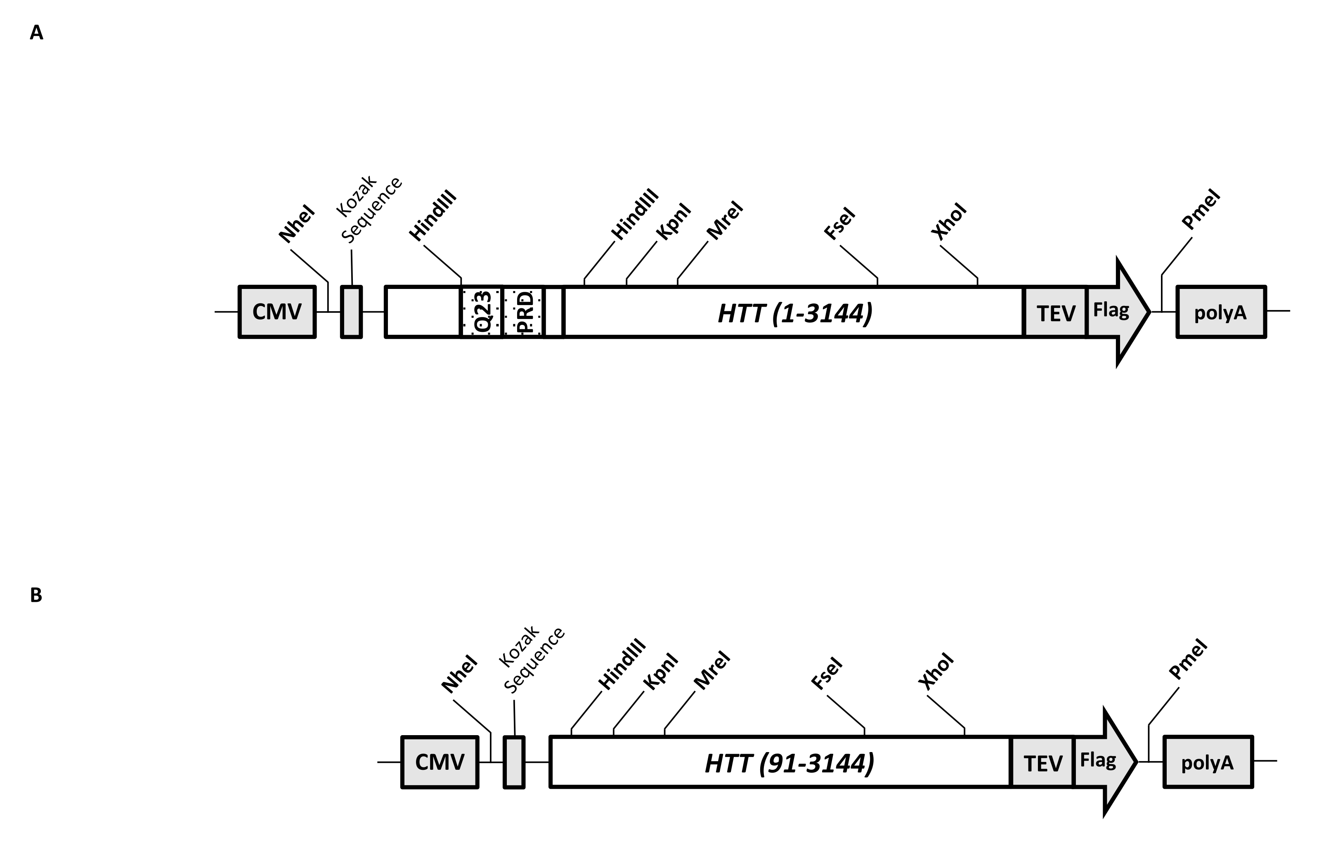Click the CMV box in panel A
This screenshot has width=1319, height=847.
pyautogui.click(x=277, y=312)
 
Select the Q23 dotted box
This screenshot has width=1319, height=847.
pyautogui.click(x=482, y=312)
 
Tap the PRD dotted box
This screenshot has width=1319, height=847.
pyautogui.click(x=523, y=312)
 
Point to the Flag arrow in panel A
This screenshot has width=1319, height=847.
pyautogui.click(x=1113, y=311)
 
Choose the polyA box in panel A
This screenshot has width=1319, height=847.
pyautogui.click(x=1221, y=312)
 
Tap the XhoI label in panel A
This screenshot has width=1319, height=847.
pyautogui.click(x=949, y=221)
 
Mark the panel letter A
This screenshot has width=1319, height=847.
pyautogui.click(x=36, y=33)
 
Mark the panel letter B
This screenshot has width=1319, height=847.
pyautogui.click(x=36, y=595)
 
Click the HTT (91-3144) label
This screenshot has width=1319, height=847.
pyautogui.click(x=789, y=763)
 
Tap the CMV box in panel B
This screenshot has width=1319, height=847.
pyautogui.click(x=440, y=762)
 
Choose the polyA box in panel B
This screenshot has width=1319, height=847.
pyautogui.click(x=1208, y=762)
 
